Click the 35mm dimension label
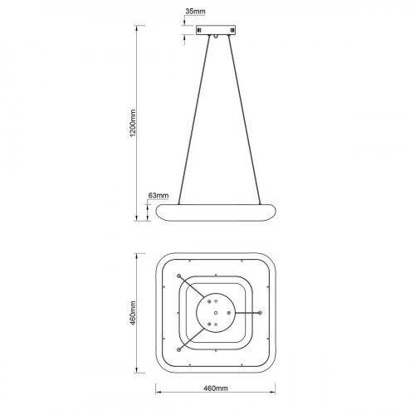pyautogui.click(x=195, y=12)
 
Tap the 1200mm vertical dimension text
pyautogui.click(x=133, y=123)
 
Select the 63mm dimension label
pyautogui.click(x=159, y=195)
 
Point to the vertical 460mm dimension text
pyautogui.click(x=133, y=313)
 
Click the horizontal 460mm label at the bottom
pyautogui.click(x=216, y=388)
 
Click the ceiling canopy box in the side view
pyautogui.click(x=216, y=30)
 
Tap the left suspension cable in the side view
pyautogui.click(x=194, y=120)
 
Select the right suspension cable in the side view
pyautogui.click(x=245, y=120)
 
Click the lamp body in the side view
pyautogui.click(x=216, y=212)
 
